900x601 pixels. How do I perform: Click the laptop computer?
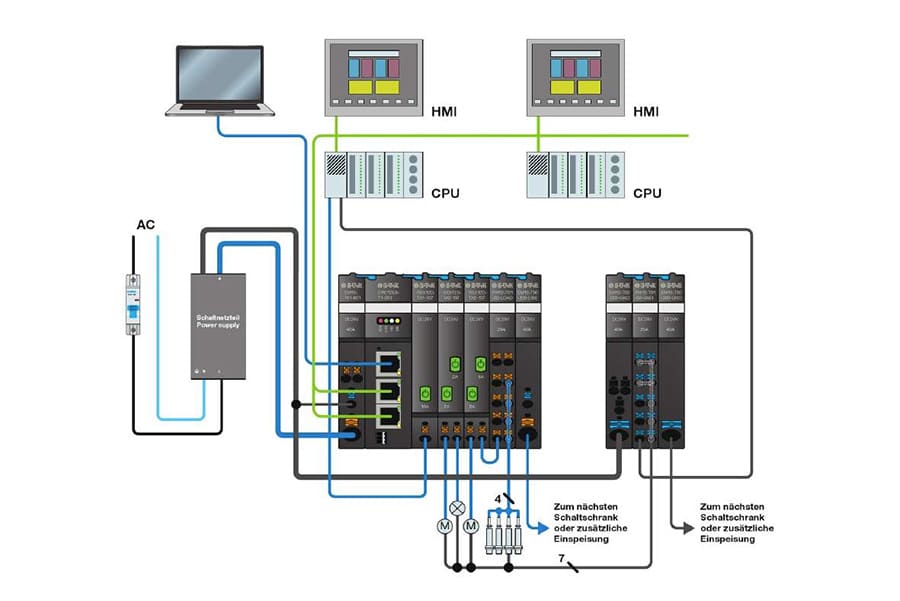(219, 78)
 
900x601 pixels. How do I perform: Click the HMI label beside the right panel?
(649, 110)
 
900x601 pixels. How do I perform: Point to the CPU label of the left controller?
(445, 192)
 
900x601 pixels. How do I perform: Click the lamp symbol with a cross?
(457, 507)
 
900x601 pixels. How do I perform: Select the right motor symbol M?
(472, 527)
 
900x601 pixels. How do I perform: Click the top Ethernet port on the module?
(389, 360)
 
